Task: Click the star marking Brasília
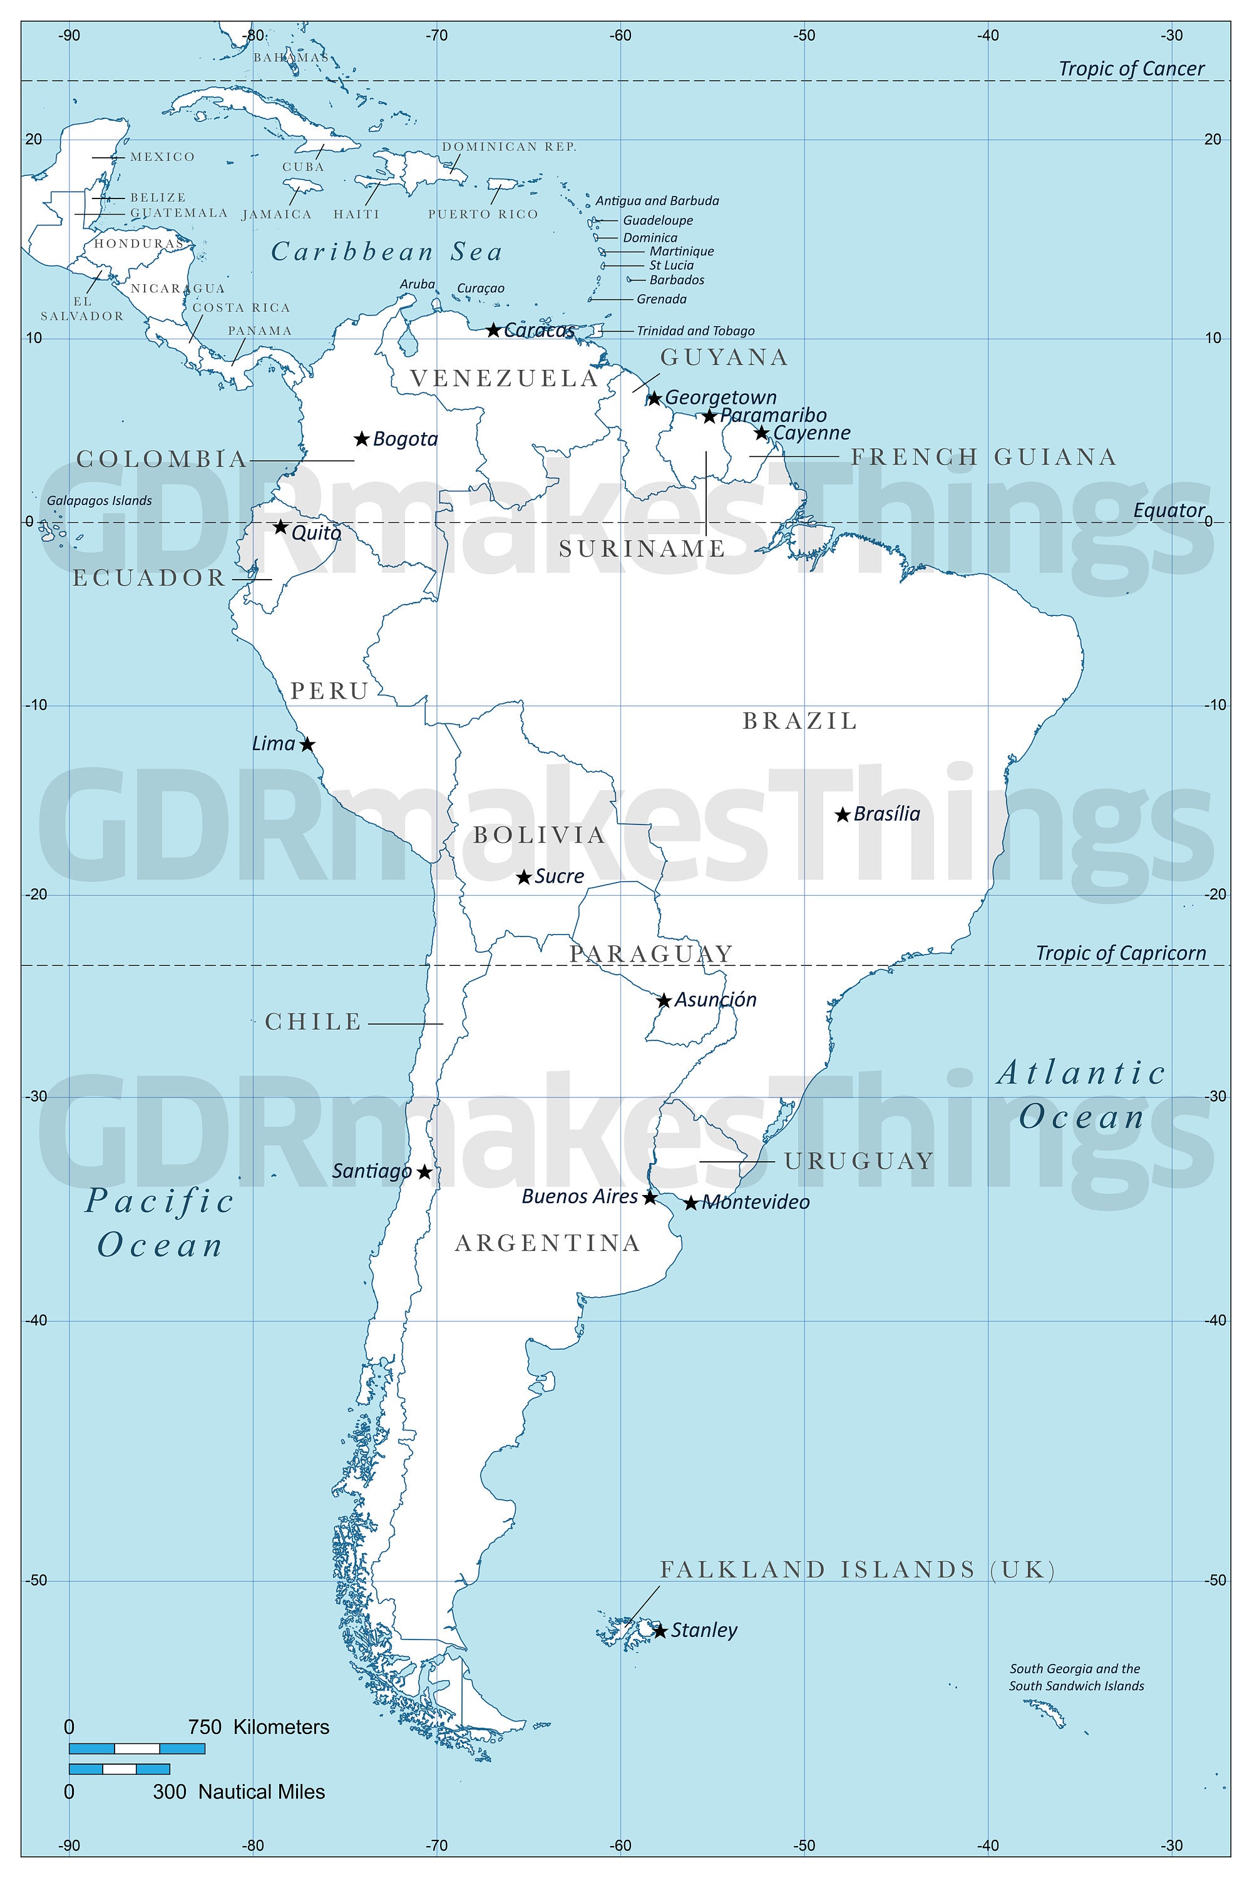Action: click(841, 814)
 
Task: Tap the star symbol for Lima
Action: click(307, 744)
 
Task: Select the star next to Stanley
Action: click(660, 1631)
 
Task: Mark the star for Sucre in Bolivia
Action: click(524, 877)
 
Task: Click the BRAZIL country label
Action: click(800, 721)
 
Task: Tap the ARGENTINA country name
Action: click(548, 1243)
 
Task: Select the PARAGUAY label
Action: click(651, 953)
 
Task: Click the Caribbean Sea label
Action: click(387, 252)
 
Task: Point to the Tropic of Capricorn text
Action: click(1121, 953)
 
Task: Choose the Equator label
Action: click(1169, 510)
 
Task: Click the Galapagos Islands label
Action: click(99, 501)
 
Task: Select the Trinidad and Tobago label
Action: click(695, 331)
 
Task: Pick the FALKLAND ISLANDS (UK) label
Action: click(858, 1570)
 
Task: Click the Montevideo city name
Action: click(756, 1203)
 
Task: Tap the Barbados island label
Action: click(676, 280)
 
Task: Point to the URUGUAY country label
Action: click(859, 1161)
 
